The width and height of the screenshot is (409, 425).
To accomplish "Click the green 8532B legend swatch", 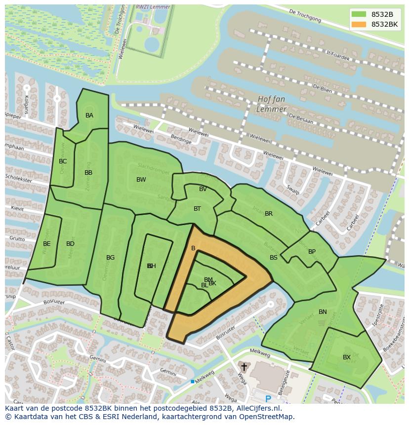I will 359,14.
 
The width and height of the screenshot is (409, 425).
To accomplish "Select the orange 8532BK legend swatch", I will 359,24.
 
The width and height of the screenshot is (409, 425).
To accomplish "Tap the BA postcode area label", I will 89,116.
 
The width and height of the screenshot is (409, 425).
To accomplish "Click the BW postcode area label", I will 141,180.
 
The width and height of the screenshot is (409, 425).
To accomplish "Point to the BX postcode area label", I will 347,357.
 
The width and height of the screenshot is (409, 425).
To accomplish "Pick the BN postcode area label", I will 323,312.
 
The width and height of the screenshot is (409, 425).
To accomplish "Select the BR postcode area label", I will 269,214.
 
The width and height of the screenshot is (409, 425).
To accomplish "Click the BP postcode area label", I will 312,252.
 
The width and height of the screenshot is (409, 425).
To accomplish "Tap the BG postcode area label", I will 110,258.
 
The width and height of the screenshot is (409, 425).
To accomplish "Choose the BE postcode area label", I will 46,244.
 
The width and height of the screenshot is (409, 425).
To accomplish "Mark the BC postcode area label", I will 63,161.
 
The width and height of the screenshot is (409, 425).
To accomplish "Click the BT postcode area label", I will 197,209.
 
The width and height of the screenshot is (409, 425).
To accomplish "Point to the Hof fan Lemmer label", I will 272,104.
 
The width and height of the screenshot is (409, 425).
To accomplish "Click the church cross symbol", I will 244,367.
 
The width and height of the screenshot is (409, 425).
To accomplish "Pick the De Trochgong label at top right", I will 305,16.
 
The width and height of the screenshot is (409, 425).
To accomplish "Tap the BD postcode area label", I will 70,244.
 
